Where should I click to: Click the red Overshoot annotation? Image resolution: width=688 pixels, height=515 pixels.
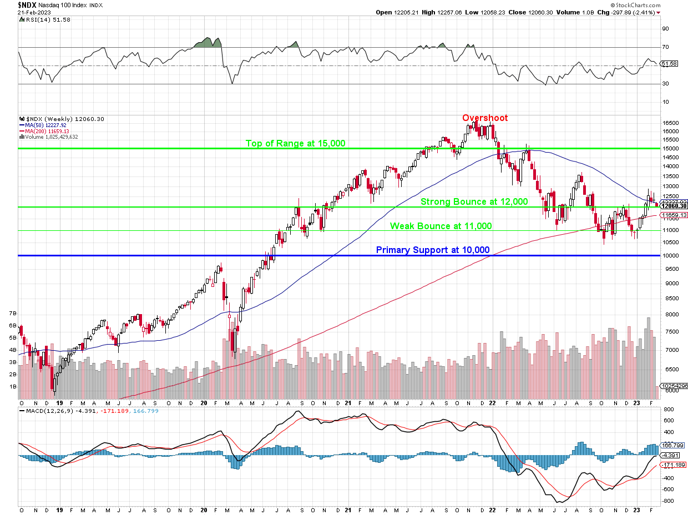[x=485, y=118]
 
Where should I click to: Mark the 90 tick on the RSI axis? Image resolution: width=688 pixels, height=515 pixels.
[x=664, y=29]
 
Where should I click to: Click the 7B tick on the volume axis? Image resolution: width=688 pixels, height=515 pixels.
[x=12, y=314]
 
